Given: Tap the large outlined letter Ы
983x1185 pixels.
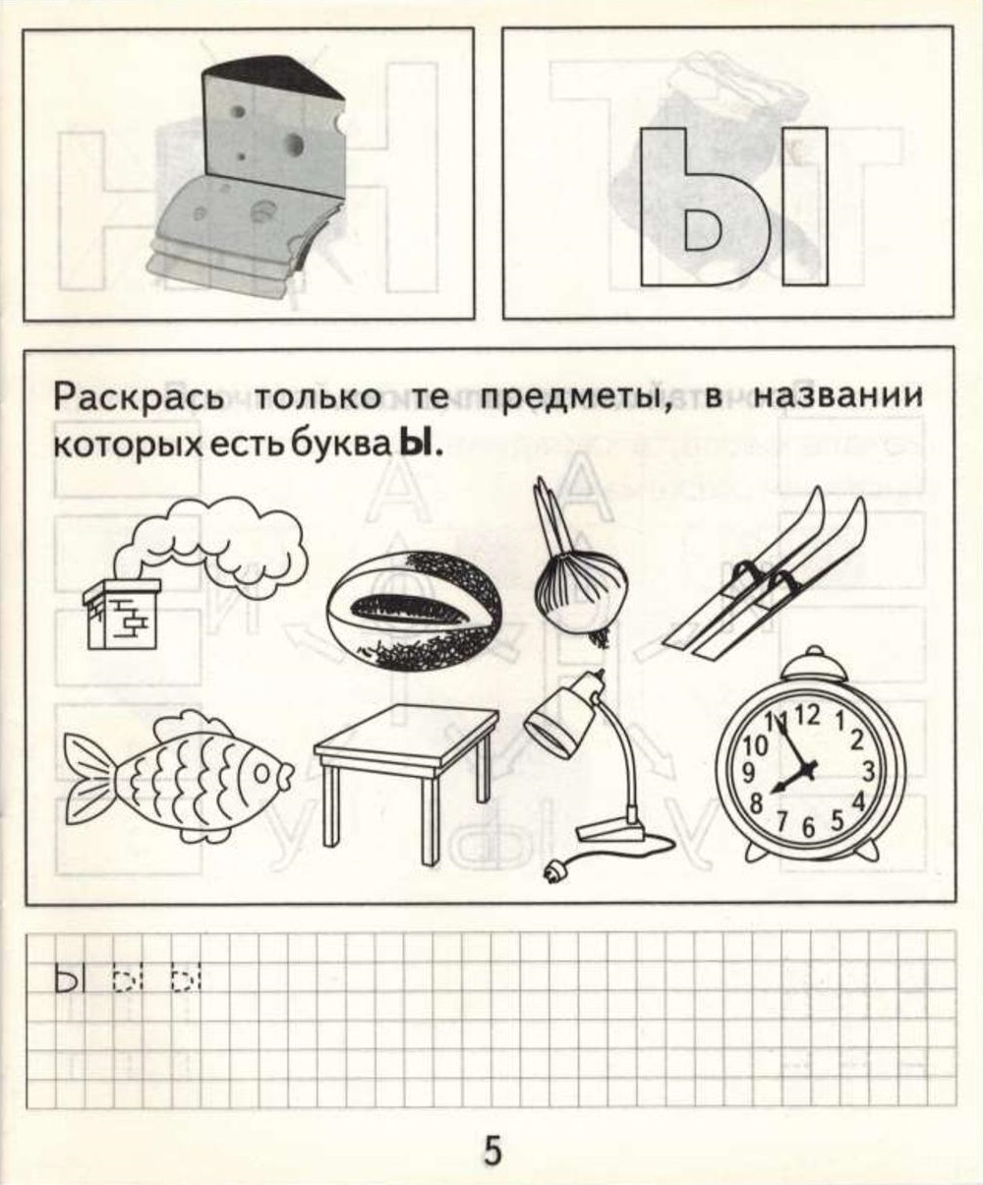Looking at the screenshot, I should coord(732,207).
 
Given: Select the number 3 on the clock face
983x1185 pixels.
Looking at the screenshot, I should coord(868,769).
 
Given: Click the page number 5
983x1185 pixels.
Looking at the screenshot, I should coord(492,1149).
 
